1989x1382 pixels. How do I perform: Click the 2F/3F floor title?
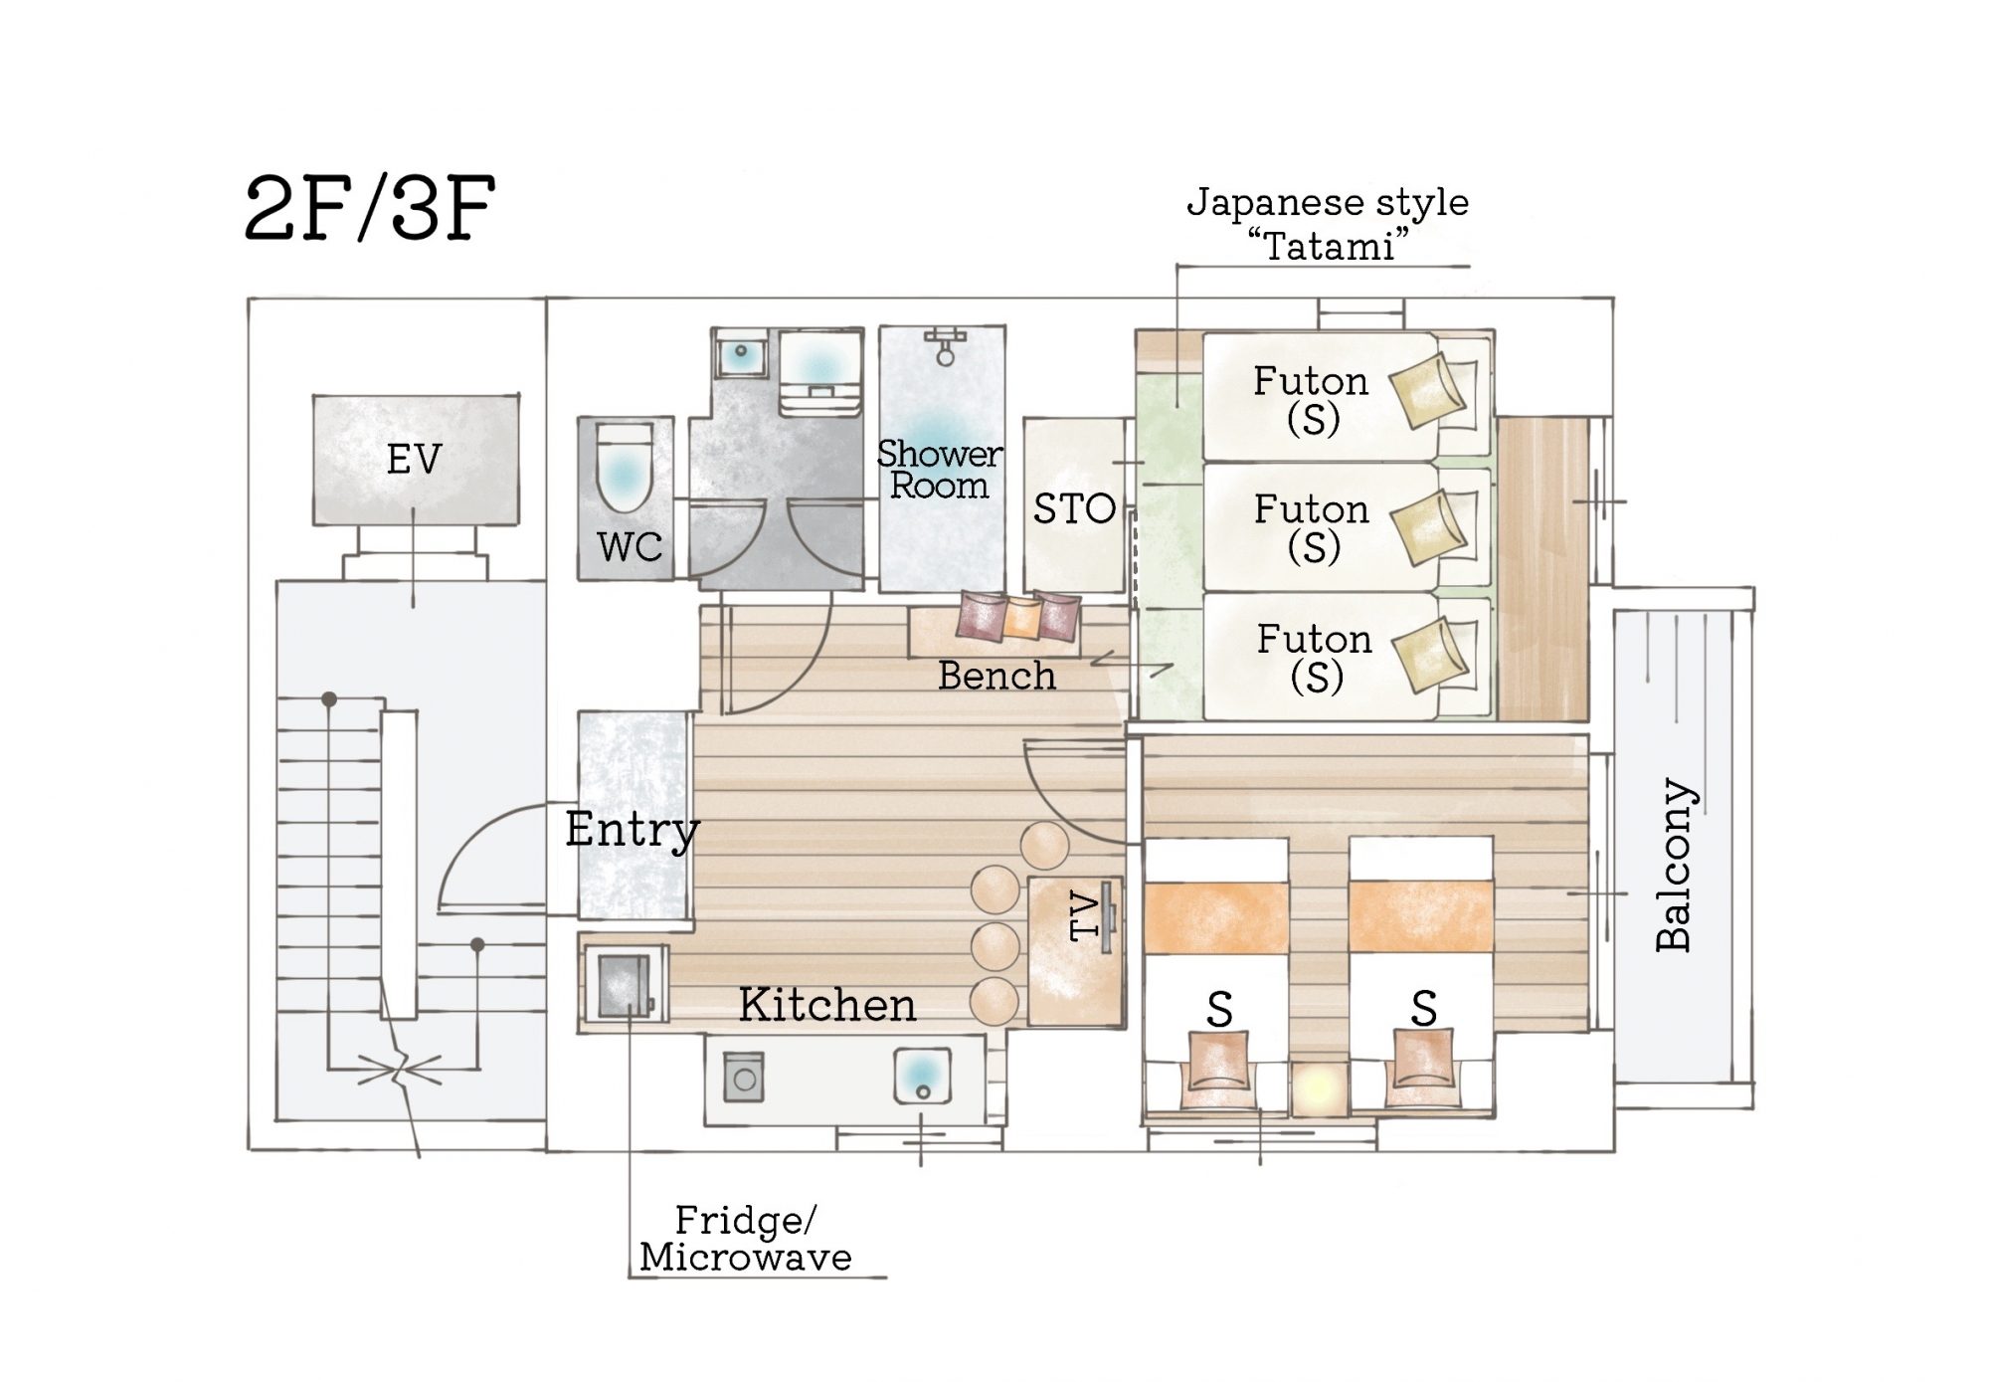coord(369,209)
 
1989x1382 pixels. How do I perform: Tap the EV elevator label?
coord(414,460)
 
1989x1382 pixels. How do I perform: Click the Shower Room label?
coord(940,470)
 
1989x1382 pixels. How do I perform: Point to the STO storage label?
coord(1074,509)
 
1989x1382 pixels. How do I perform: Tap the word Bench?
coord(996,676)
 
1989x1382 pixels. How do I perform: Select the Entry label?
coord(633,830)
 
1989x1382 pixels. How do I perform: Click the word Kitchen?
coord(827,1005)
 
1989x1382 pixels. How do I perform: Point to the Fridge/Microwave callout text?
coord(746,1239)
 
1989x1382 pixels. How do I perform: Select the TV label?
coord(1085,916)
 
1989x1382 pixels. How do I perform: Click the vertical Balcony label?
coord(1675,865)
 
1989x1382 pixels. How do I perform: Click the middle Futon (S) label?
coord(1312,527)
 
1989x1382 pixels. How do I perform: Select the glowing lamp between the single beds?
coord(1319,1089)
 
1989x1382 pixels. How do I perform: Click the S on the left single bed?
coord(1220,1011)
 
